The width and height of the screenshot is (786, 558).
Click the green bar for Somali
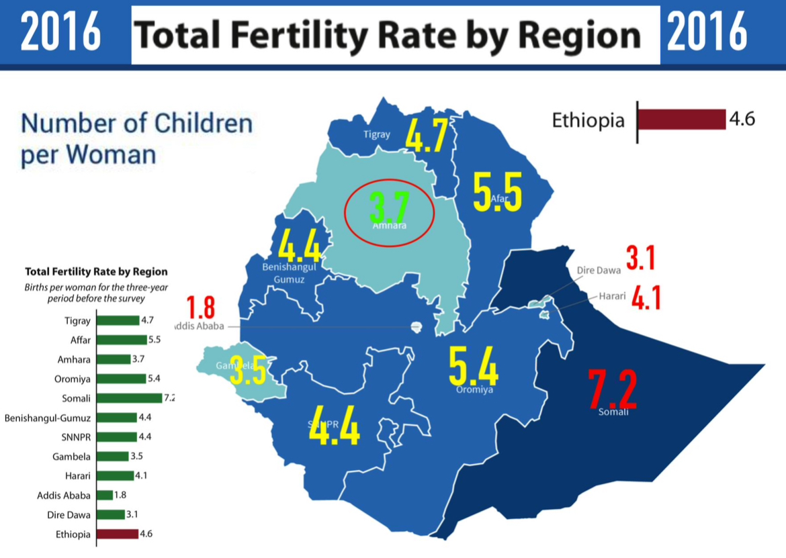click(130, 398)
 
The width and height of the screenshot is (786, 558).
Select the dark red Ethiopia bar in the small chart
click(117, 534)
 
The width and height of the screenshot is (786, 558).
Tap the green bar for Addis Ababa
click(105, 496)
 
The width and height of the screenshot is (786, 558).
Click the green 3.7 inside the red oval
click(389, 208)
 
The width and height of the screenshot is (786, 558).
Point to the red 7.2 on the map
click(612, 389)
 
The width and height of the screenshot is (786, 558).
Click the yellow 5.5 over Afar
click(498, 191)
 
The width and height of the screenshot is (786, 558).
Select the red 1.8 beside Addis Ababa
click(200, 308)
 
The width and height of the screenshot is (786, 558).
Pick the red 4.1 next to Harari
click(645, 298)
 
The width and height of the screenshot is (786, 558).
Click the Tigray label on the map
click(376, 134)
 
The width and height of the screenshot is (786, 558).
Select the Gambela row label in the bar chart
click(71, 457)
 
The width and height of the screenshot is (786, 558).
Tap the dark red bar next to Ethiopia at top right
click(681, 120)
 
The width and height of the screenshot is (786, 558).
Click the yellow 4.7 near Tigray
click(426, 135)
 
